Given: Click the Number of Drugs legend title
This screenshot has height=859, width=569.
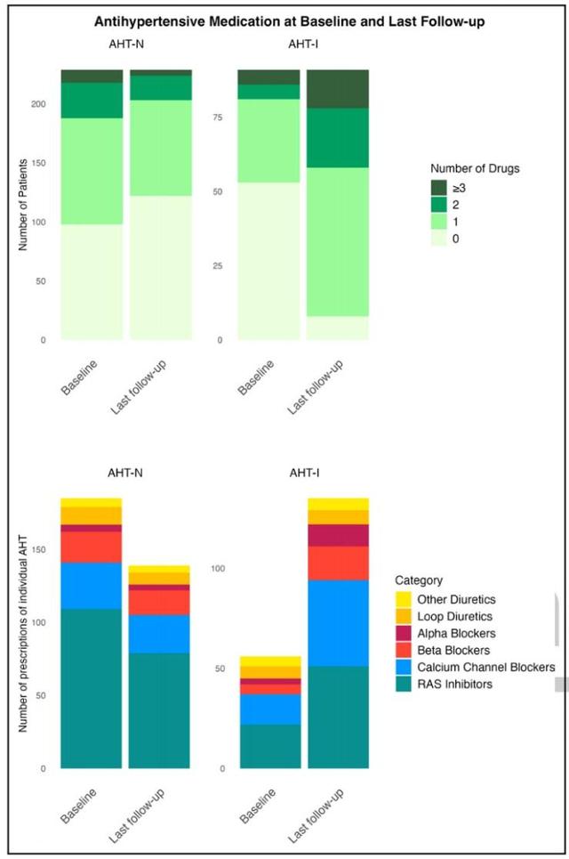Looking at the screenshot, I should point(475,167).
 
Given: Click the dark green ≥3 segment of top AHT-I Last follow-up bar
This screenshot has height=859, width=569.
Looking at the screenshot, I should point(338,89).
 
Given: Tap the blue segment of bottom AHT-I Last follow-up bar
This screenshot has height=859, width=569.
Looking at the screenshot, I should point(338,622).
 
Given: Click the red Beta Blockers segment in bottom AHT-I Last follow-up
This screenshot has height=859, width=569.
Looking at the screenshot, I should point(338,563).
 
